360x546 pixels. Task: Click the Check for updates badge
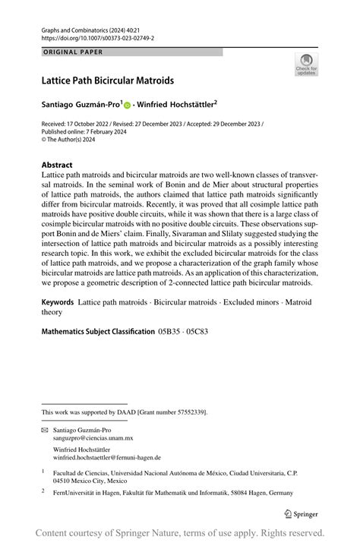pos(306,65)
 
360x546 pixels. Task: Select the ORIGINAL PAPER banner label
pos(72,52)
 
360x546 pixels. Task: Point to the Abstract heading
pos(57,165)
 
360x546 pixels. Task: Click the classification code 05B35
pos(171,331)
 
